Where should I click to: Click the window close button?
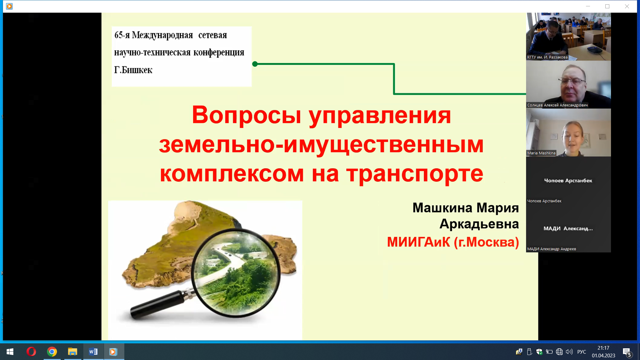[x=627, y=6]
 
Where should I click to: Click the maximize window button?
[x=607, y=6]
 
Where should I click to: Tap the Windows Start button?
[x=10, y=352]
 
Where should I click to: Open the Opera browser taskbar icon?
[x=31, y=352]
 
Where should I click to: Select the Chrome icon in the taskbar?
[x=52, y=352]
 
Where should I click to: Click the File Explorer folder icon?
[x=73, y=352]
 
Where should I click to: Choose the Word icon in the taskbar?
[x=93, y=352]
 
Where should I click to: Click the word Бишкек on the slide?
[x=137, y=70]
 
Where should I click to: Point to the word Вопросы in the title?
[x=247, y=115]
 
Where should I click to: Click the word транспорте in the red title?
[x=415, y=174]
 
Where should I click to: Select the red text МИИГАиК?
[x=419, y=242]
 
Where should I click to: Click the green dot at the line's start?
[x=255, y=64]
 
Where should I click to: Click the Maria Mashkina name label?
[x=541, y=153]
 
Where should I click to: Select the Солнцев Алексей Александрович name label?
[x=557, y=105]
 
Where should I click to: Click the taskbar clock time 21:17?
[x=603, y=348]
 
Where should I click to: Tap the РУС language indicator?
[x=582, y=352]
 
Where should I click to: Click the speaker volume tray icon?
[x=569, y=352]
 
